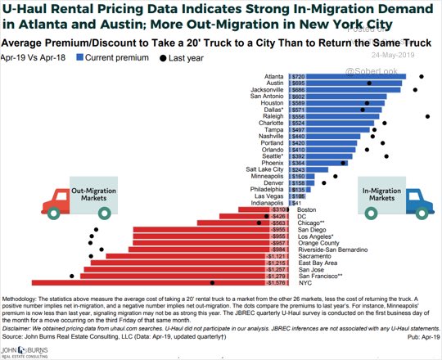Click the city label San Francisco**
(x=321, y=277)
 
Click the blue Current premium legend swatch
(x=80, y=58)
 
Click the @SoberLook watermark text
(x=374, y=72)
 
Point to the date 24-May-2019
(x=395, y=55)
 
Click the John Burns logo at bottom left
(x=25, y=350)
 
